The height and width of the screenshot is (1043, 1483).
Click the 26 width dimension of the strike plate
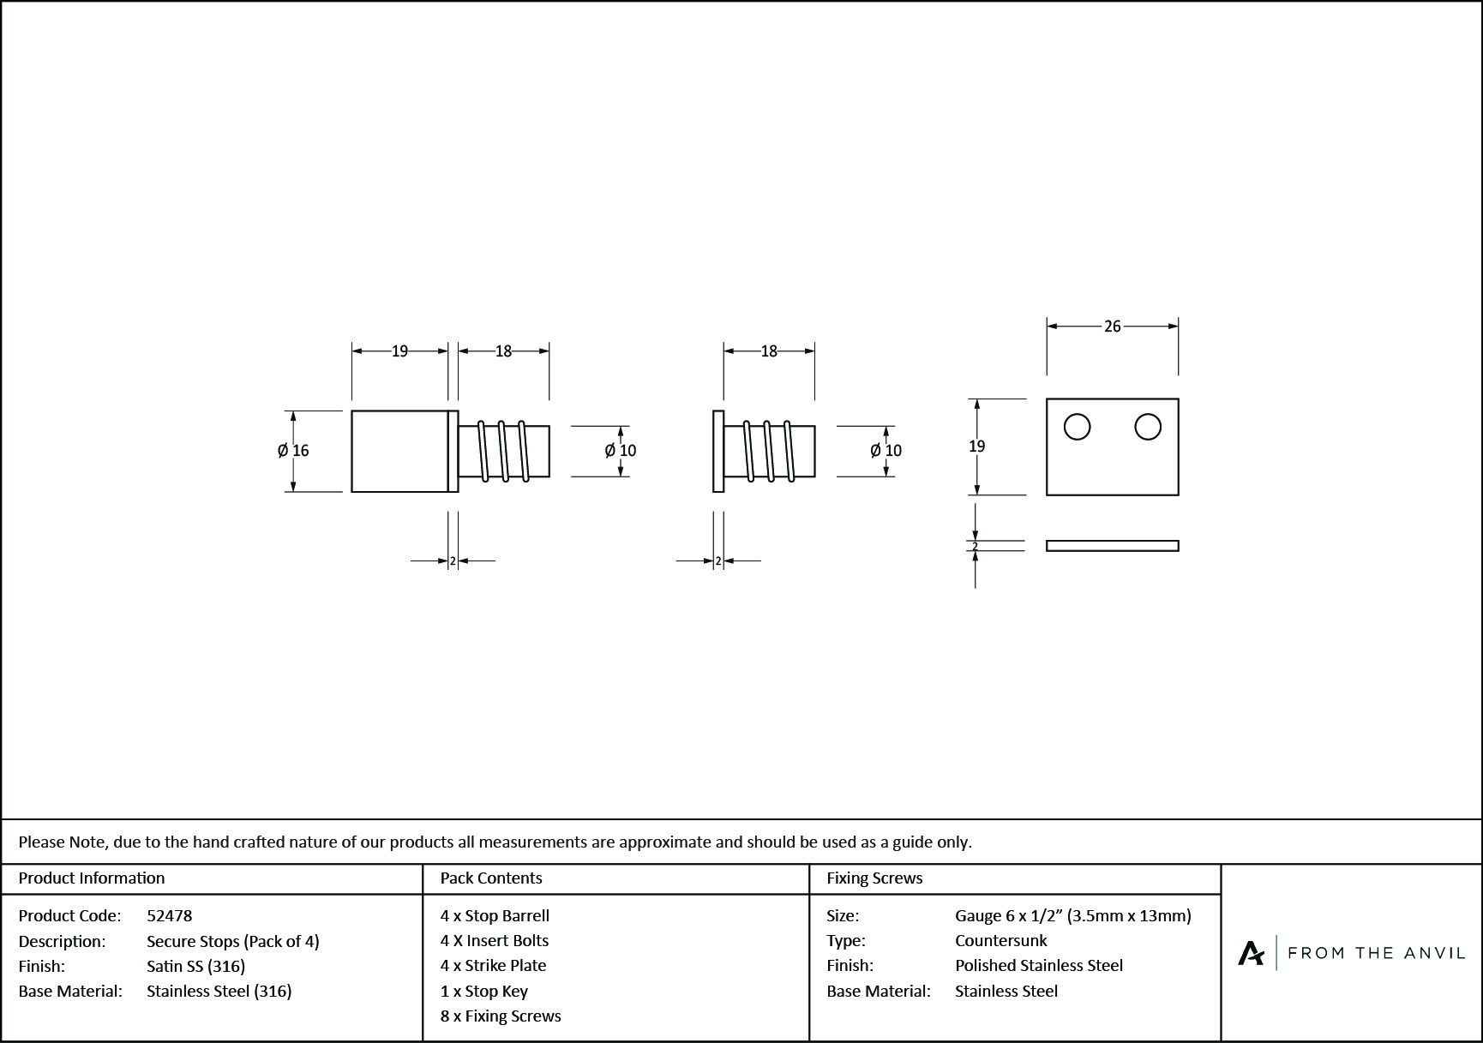click(1112, 327)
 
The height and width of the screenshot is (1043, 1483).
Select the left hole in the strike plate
click(1077, 427)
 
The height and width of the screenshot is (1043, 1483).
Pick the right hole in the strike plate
click(1148, 427)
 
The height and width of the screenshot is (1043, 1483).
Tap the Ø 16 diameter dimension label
click(293, 451)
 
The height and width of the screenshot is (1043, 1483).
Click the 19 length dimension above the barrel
click(399, 351)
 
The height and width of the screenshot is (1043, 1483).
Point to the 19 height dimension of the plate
click(976, 447)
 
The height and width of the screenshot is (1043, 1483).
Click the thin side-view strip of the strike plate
click(1112, 546)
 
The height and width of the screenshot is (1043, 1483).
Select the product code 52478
click(170, 916)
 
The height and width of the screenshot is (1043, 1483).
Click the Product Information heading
click(92, 878)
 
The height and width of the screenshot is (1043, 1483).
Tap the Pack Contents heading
click(491, 878)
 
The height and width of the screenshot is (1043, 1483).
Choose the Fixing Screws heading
click(874, 878)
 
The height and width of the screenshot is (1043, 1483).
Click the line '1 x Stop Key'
click(484, 992)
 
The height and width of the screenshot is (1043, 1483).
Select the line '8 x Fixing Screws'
click(501, 1016)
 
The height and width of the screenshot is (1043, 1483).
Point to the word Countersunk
click(1000, 941)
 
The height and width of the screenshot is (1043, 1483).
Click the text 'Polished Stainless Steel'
click(1039, 966)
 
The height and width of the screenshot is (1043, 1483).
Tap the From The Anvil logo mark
click(1251, 953)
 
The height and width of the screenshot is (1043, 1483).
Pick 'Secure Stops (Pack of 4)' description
click(233, 942)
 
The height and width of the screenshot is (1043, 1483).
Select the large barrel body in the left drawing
click(399, 451)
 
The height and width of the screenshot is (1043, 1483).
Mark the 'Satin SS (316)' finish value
click(195, 967)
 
